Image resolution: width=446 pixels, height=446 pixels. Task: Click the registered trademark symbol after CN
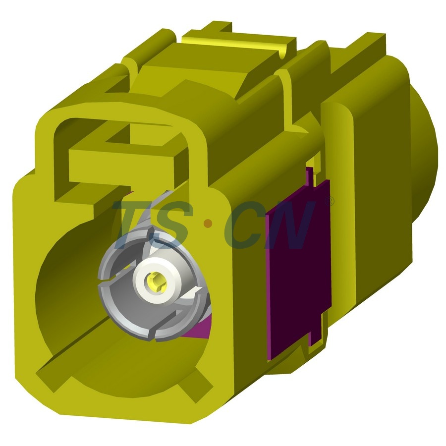click(x=331, y=202)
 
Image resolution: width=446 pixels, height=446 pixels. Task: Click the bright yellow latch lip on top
click(x=238, y=42)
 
